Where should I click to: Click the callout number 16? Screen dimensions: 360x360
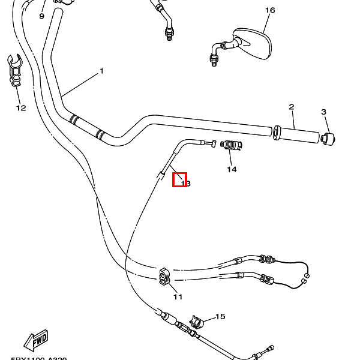269,10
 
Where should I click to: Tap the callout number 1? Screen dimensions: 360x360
101,71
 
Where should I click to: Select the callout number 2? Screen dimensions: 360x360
291,107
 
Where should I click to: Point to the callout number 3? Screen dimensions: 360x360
323,112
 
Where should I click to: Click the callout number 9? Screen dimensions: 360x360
42,16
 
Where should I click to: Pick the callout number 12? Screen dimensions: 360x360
21,108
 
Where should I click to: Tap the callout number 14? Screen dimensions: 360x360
232,169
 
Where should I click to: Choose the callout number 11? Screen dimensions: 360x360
178,296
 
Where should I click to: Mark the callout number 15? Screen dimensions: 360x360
220,317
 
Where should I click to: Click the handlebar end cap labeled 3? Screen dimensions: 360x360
327,139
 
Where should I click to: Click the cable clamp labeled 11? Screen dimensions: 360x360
166,277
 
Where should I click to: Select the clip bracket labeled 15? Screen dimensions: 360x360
196,323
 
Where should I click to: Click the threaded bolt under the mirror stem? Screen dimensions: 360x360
213,58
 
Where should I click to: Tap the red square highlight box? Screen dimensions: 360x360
179,179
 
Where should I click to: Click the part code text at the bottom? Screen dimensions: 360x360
38,358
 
